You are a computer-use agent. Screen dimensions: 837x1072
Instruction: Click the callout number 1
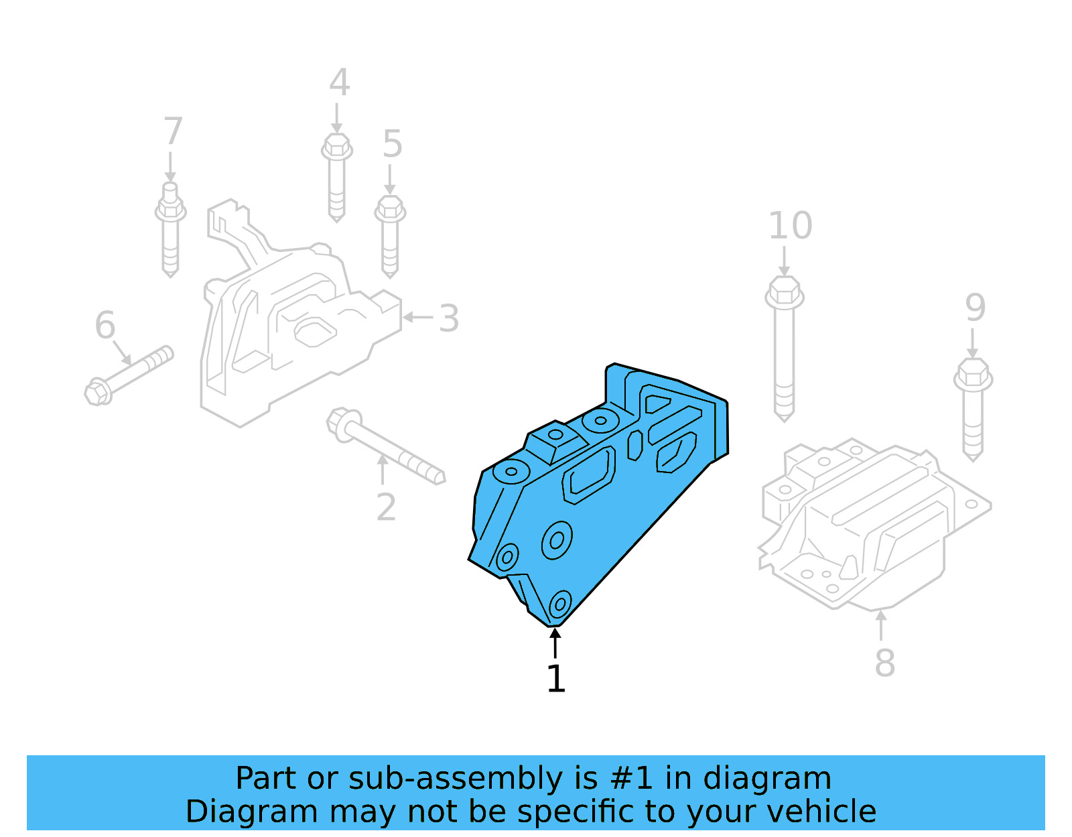(556, 679)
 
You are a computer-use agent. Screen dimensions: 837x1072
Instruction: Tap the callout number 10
(790, 226)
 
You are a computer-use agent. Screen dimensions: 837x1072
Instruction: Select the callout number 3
(449, 318)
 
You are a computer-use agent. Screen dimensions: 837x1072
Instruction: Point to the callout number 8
(884, 663)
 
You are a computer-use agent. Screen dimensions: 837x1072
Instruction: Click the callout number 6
(105, 325)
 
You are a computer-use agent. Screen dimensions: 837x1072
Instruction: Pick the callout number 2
(386, 507)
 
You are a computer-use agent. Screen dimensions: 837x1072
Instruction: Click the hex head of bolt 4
(337, 145)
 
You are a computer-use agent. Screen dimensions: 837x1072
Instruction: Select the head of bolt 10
(784, 292)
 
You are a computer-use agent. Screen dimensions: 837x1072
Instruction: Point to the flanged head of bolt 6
(98, 392)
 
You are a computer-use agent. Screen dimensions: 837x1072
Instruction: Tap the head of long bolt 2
(342, 424)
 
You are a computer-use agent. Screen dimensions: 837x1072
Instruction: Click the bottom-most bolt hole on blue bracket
(559, 604)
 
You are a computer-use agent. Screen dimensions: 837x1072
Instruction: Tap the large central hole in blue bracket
(557, 540)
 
